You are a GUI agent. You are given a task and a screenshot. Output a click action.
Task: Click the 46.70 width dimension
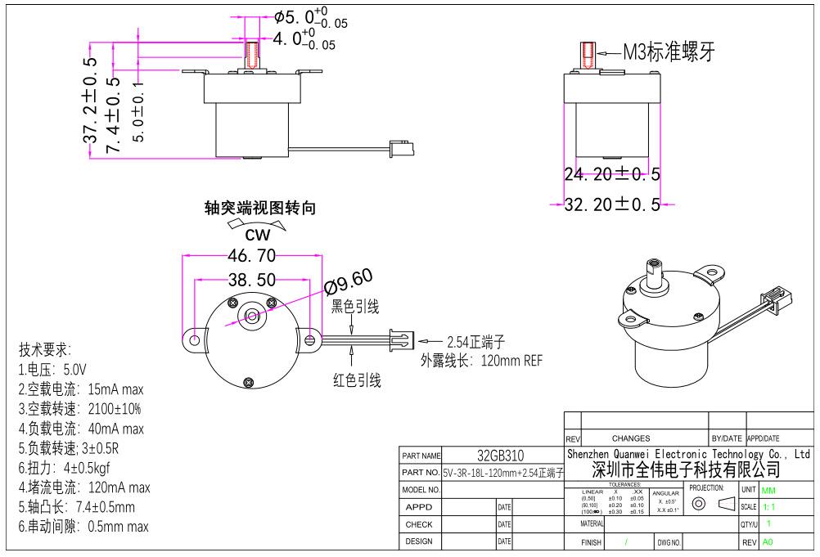[x=250, y=255]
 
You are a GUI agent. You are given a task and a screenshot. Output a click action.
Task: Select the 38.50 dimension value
[x=251, y=281]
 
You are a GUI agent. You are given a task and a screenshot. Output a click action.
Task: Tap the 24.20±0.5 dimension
[x=612, y=174]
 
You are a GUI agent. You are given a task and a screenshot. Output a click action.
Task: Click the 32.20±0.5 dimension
[x=612, y=204]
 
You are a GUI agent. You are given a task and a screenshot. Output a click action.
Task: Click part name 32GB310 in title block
[x=501, y=456]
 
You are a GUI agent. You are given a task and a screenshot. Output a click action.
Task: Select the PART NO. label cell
[x=421, y=473]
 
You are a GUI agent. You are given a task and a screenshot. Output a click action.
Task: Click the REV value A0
[x=767, y=542]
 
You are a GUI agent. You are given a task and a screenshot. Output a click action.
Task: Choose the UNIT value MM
[x=768, y=490]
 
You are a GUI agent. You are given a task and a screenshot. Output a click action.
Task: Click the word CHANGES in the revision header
[x=630, y=438]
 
